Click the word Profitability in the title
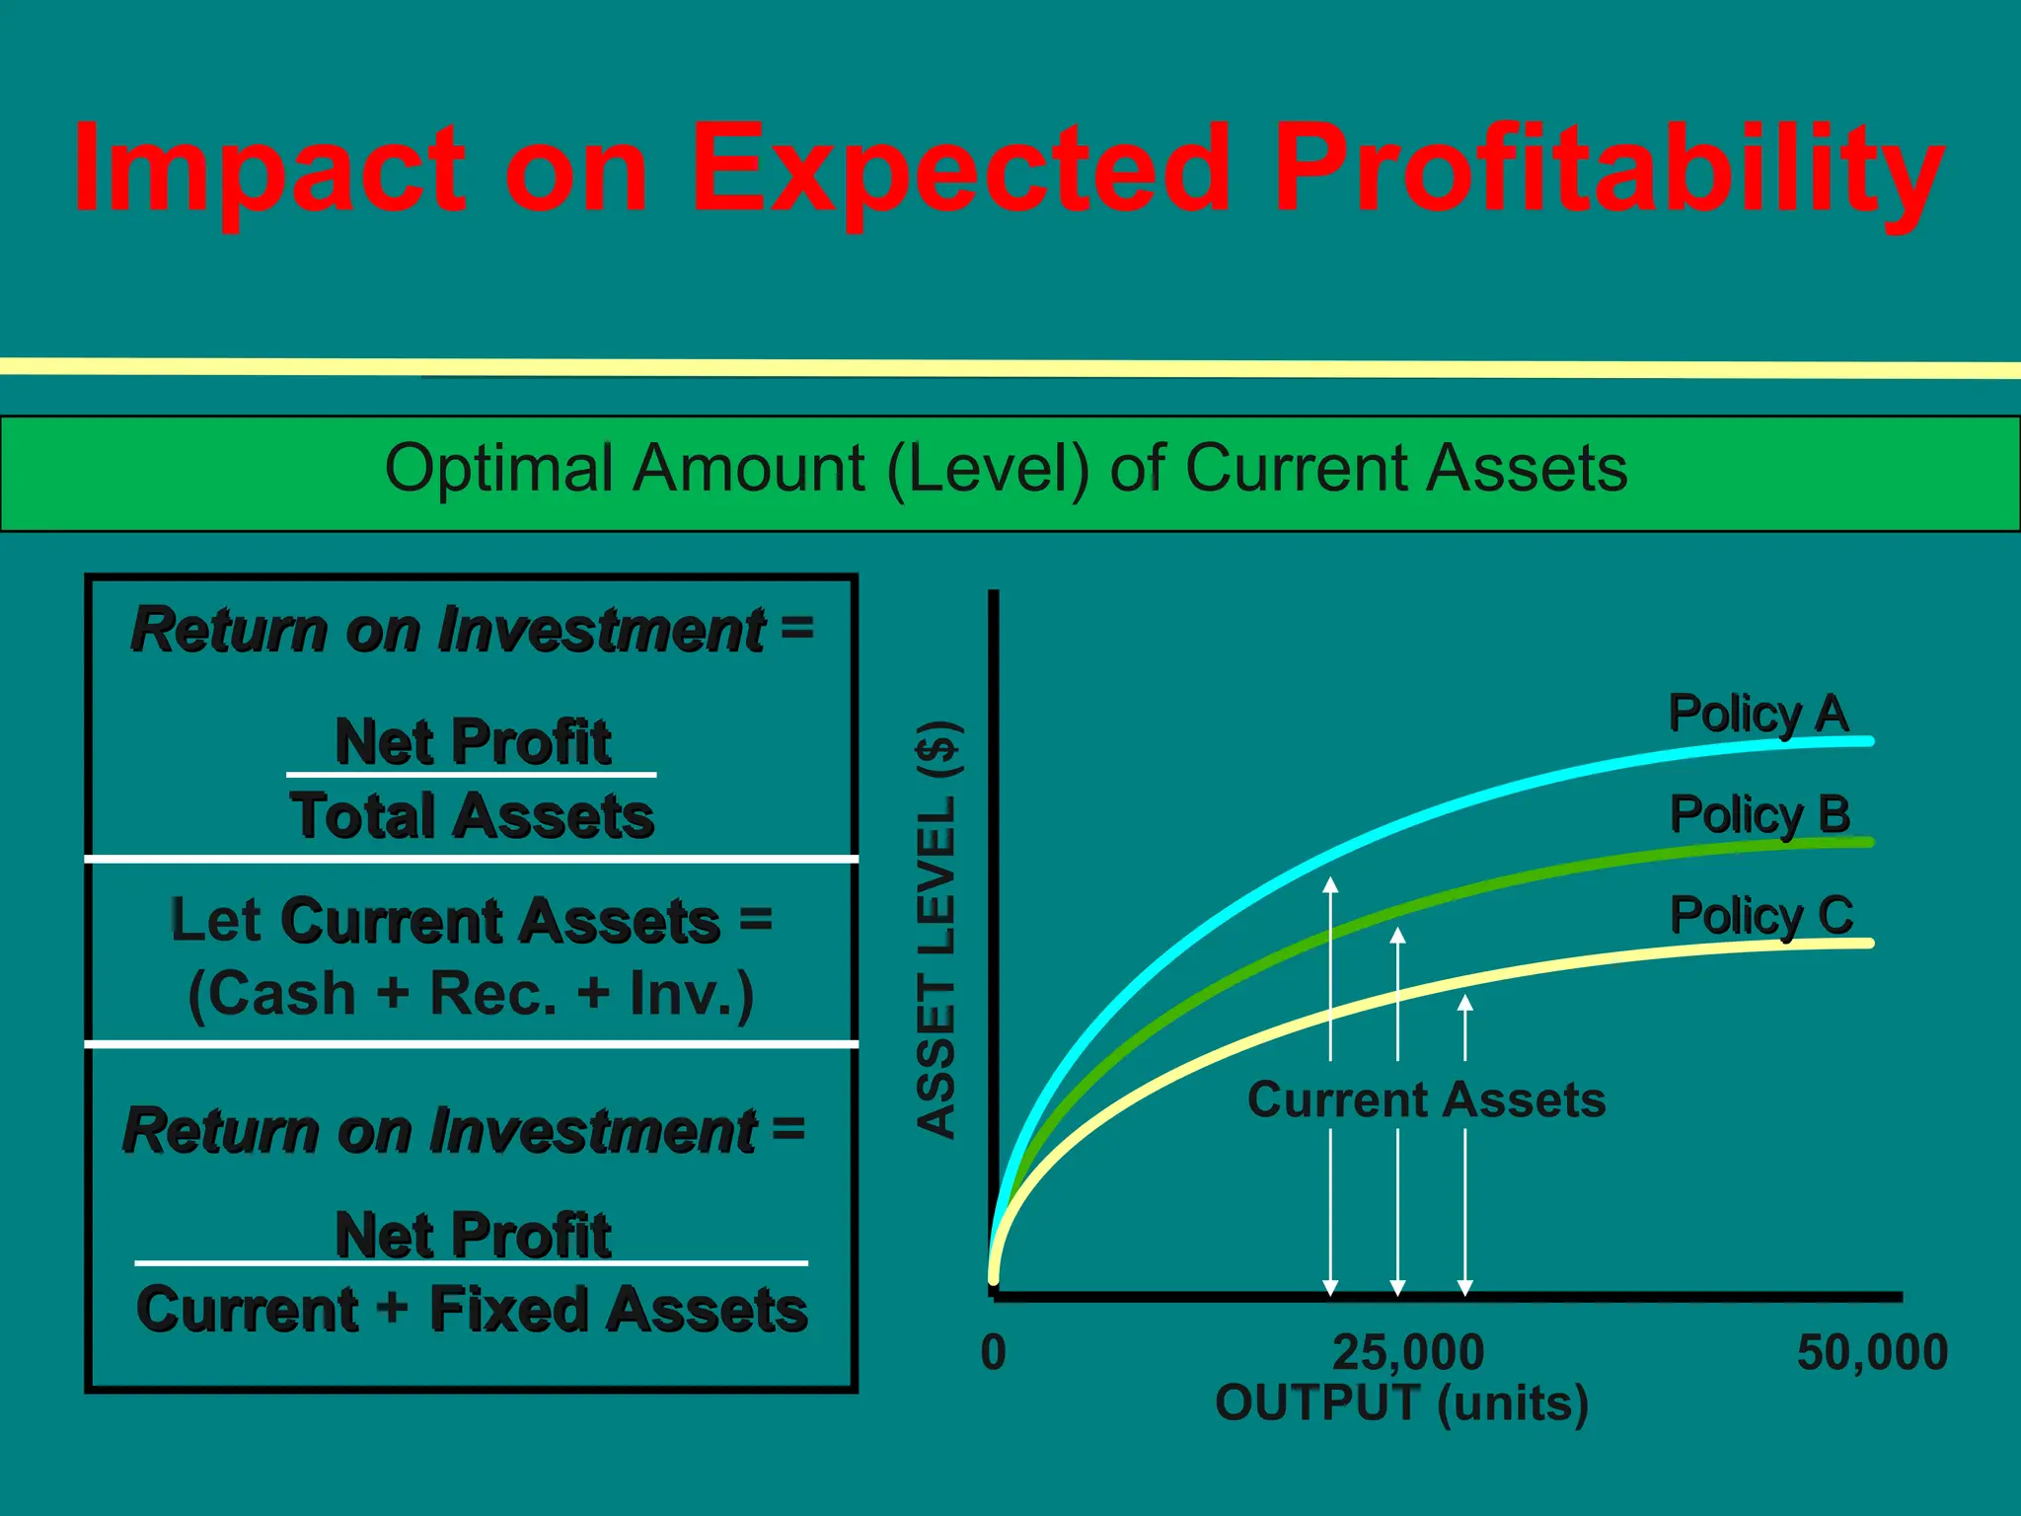tap(1609, 168)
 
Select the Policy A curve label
tap(1758, 714)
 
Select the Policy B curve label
tap(1759, 815)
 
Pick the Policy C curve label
tap(1760, 916)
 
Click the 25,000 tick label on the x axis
tap(1407, 1353)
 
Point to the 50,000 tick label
tap(1871, 1353)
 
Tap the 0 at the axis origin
tap(993, 1353)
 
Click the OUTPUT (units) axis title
tap(1401, 1403)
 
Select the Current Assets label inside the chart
tap(1426, 1099)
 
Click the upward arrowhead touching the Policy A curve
tap(1330, 884)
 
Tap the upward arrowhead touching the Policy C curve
tap(1465, 1003)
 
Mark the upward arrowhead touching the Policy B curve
tap(1397, 936)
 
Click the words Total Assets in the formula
tap(472, 816)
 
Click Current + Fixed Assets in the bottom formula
tap(472, 1310)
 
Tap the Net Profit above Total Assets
tap(472, 741)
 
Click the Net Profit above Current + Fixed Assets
tap(472, 1235)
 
